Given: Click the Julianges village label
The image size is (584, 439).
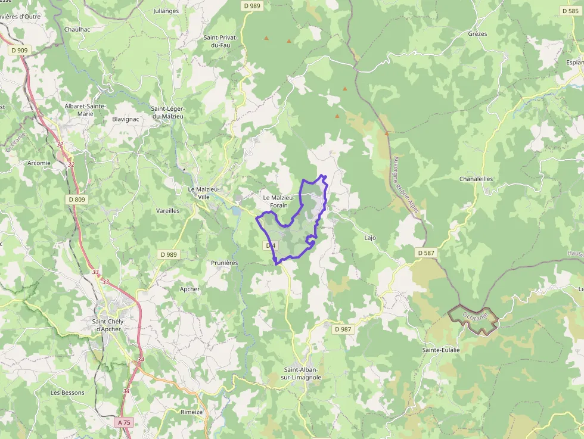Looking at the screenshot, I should tap(166, 11).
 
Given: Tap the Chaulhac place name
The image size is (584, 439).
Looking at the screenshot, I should tap(77, 29).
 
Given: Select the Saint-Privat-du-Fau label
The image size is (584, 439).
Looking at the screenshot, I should tap(221, 41).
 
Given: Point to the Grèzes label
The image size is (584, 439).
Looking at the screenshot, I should tap(477, 34).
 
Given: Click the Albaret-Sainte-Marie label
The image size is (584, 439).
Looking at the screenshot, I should tap(85, 110).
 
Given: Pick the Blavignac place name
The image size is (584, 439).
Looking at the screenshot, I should tap(126, 119).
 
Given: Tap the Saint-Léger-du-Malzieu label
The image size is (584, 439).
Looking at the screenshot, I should tap(167, 113).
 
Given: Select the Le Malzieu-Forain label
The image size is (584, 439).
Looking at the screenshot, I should tap(278, 201).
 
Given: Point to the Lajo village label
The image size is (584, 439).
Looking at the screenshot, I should tap(370, 238).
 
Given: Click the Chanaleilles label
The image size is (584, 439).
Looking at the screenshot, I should tap(476, 179).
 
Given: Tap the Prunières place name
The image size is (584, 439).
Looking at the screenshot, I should tap(225, 263).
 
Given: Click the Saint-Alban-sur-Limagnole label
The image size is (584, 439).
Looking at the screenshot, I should tap(302, 373).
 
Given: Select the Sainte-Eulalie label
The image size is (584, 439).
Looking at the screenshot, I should tap(441, 350).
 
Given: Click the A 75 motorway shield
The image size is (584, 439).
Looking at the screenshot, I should tap(124, 422).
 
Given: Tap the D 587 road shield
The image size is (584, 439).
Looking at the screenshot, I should tap(427, 253).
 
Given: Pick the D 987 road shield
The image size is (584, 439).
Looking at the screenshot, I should tap(343, 329).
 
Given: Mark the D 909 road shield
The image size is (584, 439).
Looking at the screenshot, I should tap(20, 51).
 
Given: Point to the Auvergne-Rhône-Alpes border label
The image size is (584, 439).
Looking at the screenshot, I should tap(406, 185).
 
